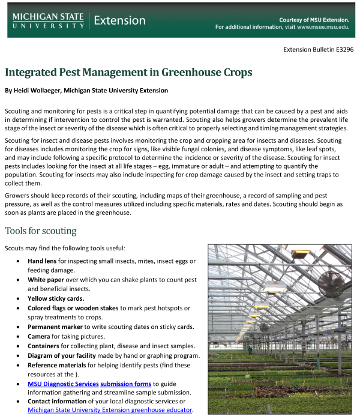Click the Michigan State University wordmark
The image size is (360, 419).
(x=48, y=20)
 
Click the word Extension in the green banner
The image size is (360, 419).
(x=119, y=20)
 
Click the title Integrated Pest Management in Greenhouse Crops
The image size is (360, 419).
(x=128, y=73)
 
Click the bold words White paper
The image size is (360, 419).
(x=47, y=280)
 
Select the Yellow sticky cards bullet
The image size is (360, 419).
(x=56, y=298)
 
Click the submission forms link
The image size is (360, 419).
(x=125, y=384)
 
